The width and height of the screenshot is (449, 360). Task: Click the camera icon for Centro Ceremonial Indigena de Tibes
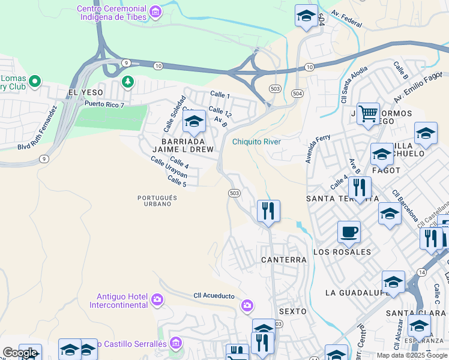click(155, 12)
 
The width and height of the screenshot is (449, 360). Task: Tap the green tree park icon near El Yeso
click(127, 81)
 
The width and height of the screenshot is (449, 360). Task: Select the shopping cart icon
click(367, 112)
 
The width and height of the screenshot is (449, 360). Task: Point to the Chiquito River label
click(256, 142)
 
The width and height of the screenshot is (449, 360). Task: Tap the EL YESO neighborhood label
click(86, 92)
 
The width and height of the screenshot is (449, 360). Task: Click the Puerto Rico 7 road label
click(104, 104)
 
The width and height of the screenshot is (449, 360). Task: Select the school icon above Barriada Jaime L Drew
click(194, 121)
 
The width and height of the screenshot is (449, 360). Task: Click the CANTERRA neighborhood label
click(284, 260)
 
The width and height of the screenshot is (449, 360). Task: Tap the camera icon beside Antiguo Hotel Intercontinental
click(157, 299)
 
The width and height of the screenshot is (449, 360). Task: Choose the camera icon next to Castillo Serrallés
click(175, 343)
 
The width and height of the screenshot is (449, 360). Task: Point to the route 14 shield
click(422, 272)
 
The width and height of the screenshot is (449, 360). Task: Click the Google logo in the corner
click(19, 353)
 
